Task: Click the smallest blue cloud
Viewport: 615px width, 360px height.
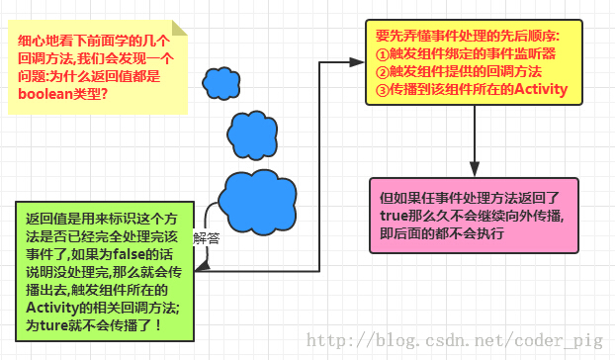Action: click(x=221, y=83)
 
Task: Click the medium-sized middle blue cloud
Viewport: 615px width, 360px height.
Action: click(x=252, y=135)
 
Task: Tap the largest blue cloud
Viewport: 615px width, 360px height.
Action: click(x=257, y=202)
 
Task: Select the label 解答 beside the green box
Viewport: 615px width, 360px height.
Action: click(x=207, y=238)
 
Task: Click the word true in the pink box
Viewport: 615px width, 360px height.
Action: click(x=394, y=216)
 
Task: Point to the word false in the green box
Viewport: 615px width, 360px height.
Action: click(x=130, y=254)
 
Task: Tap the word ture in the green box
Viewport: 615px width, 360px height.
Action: click(x=53, y=325)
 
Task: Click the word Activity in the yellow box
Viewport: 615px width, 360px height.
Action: click(x=541, y=89)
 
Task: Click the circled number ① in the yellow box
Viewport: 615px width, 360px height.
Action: click(x=382, y=54)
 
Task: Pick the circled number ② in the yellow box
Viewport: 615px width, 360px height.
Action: click(x=382, y=72)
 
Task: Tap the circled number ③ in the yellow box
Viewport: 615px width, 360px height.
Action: click(x=382, y=90)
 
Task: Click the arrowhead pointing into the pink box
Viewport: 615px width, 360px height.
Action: click(x=475, y=169)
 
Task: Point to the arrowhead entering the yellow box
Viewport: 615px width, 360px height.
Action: click(x=357, y=62)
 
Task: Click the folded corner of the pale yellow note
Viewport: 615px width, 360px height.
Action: click(x=179, y=29)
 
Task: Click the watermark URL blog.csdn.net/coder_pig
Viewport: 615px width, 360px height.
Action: click(x=455, y=340)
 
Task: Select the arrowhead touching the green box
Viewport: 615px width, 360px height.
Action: click(x=203, y=267)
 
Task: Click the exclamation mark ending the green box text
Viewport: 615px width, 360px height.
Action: click(x=158, y=325)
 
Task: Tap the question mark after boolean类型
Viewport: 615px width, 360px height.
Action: click(x=105, y=94)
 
